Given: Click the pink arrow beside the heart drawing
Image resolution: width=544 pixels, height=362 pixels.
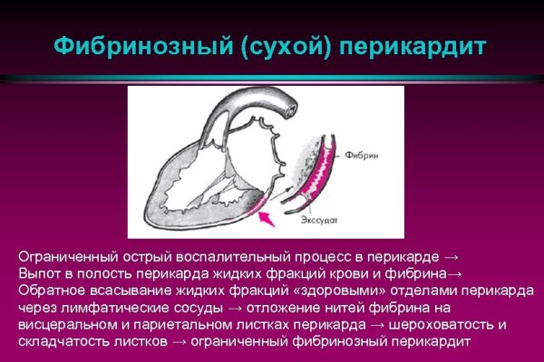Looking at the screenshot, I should pyautogui.click(x=264, y=214).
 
